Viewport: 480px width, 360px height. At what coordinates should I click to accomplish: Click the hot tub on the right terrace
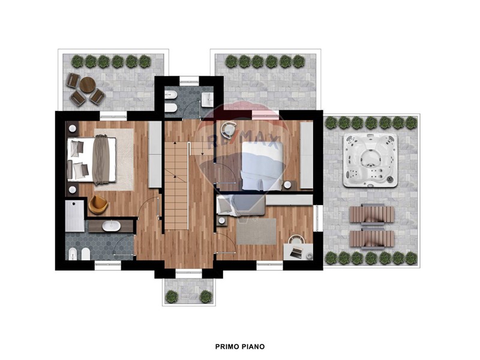coord(370,160)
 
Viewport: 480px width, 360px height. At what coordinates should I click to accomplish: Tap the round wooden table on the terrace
coord(88,85)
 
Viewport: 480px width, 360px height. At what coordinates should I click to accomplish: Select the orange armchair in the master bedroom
coord(98,205)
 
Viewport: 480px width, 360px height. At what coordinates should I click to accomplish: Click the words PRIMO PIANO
coord(239,347)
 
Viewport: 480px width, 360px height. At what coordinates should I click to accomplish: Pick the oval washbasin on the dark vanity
coord(112,226)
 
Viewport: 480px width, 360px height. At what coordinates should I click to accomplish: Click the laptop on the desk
coord(296,252)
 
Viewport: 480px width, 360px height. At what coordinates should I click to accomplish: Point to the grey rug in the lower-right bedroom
coord(256,232)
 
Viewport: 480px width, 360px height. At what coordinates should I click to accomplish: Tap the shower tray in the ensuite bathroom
coord(74,216)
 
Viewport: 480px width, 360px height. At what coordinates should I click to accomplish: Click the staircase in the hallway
coord(176,185)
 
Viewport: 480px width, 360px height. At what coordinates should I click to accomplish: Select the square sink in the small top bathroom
coord(207,100)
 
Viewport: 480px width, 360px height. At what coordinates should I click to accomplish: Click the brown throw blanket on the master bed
coord(101,160)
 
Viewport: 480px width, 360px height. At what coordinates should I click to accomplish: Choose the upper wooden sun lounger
coord(371,214)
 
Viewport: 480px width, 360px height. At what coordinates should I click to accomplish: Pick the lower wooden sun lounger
coord(371,238)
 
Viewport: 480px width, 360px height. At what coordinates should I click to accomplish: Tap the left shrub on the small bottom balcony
coord(172,296)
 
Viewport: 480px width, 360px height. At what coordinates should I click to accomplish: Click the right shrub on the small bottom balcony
coord(206,296)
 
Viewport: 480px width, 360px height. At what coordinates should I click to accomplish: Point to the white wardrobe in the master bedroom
coord(155,155)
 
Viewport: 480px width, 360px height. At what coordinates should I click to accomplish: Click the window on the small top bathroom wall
coord(189,81)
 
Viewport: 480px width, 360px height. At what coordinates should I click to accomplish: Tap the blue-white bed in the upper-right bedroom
coord(262,167)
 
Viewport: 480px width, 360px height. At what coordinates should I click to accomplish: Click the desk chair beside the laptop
coord(296,239)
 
